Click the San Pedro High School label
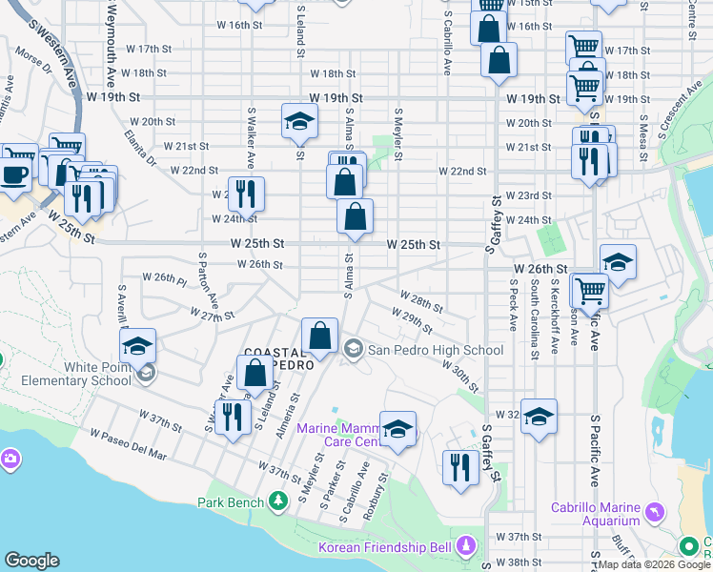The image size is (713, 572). click(x=435, y=350)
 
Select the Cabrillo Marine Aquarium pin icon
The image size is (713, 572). click(x=654, y=512)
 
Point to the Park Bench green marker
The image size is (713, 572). click(x=277, y=500)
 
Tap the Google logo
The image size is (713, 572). click(x=32, y=561)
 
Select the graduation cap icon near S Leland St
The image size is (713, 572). click(x=298, y=120)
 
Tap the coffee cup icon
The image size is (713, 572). click(x=14, y=174)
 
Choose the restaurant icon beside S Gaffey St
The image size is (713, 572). click(x=460, y=468)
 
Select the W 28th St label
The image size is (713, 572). click(x=421, y=305)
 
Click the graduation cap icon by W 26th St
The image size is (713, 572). click(x=618, y=263)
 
